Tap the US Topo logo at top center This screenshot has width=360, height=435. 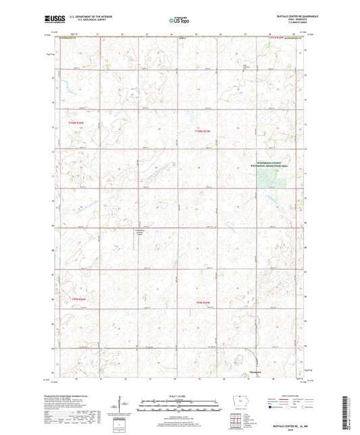tap(178, 20)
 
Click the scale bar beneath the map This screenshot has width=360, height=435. tap(178, 403)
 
